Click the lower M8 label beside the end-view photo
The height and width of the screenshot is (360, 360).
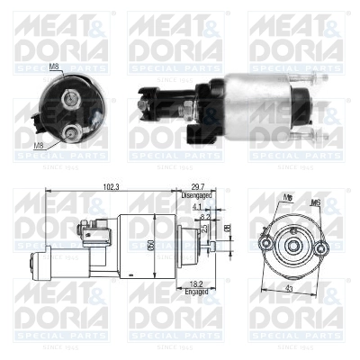click(38, 145)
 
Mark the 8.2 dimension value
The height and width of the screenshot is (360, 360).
click(206, 217)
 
